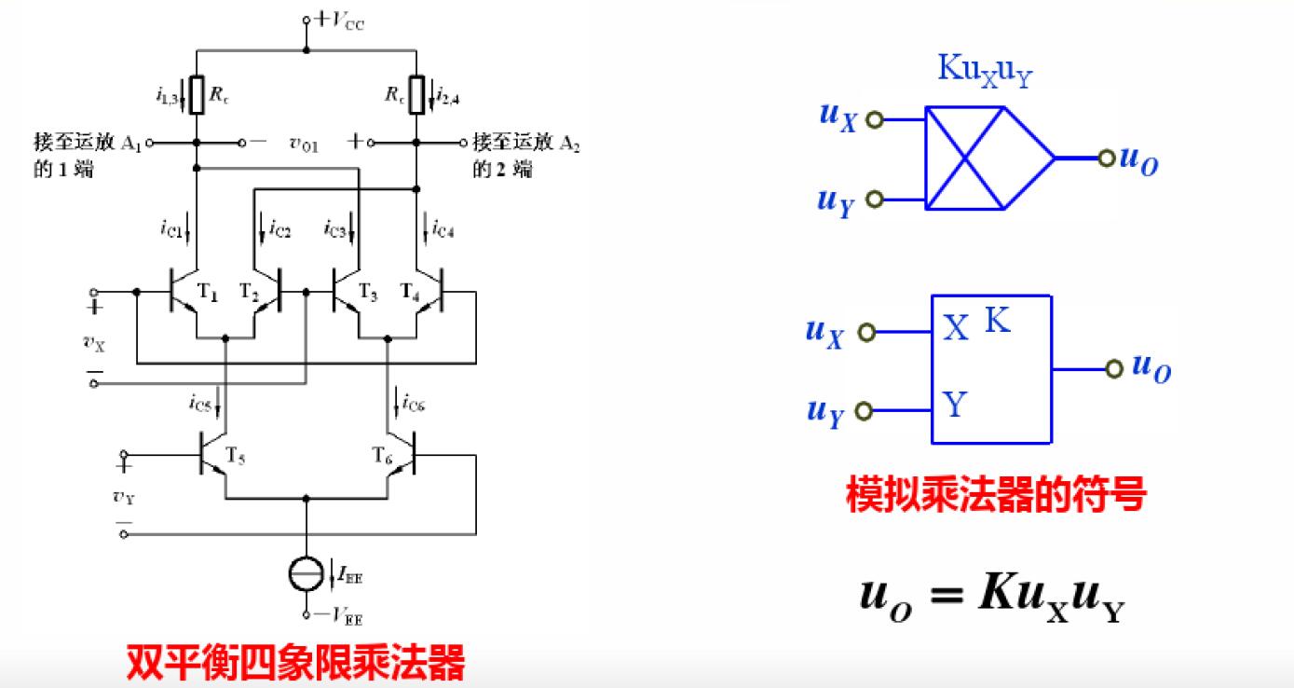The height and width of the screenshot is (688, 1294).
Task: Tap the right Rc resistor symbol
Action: click(415, 94)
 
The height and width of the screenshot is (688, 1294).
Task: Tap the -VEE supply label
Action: click(339, 616)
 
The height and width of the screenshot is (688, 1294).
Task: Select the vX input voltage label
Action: click(95, 342)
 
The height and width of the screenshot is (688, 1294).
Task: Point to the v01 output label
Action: click(305, 144)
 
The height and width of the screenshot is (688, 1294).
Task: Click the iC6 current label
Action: click(413, 405)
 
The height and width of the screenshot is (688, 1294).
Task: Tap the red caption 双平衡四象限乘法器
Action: click(295, 665)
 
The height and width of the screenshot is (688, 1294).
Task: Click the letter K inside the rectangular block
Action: click(997, 322)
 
